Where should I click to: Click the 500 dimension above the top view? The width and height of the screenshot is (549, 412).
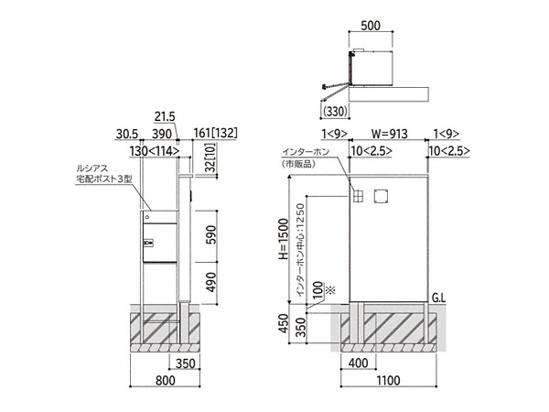[x=370, y=26]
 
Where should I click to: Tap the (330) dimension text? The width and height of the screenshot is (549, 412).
[x=336, y=111]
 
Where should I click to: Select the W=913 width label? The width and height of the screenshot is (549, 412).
[x=390, y=134]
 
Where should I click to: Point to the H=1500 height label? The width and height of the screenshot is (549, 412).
[x=284, y=239]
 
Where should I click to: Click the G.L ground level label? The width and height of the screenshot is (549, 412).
[x=438, y=298]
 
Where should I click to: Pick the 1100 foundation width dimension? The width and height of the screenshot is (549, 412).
[x=388, y=380]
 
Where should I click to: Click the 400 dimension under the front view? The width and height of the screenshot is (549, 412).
[x=358, y=363]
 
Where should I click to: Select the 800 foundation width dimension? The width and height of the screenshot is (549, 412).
[x=166, y=380]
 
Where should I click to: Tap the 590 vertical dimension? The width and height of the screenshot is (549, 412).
[x=211, y=235]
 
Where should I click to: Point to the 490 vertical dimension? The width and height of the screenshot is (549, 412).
[x=211, y=282]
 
